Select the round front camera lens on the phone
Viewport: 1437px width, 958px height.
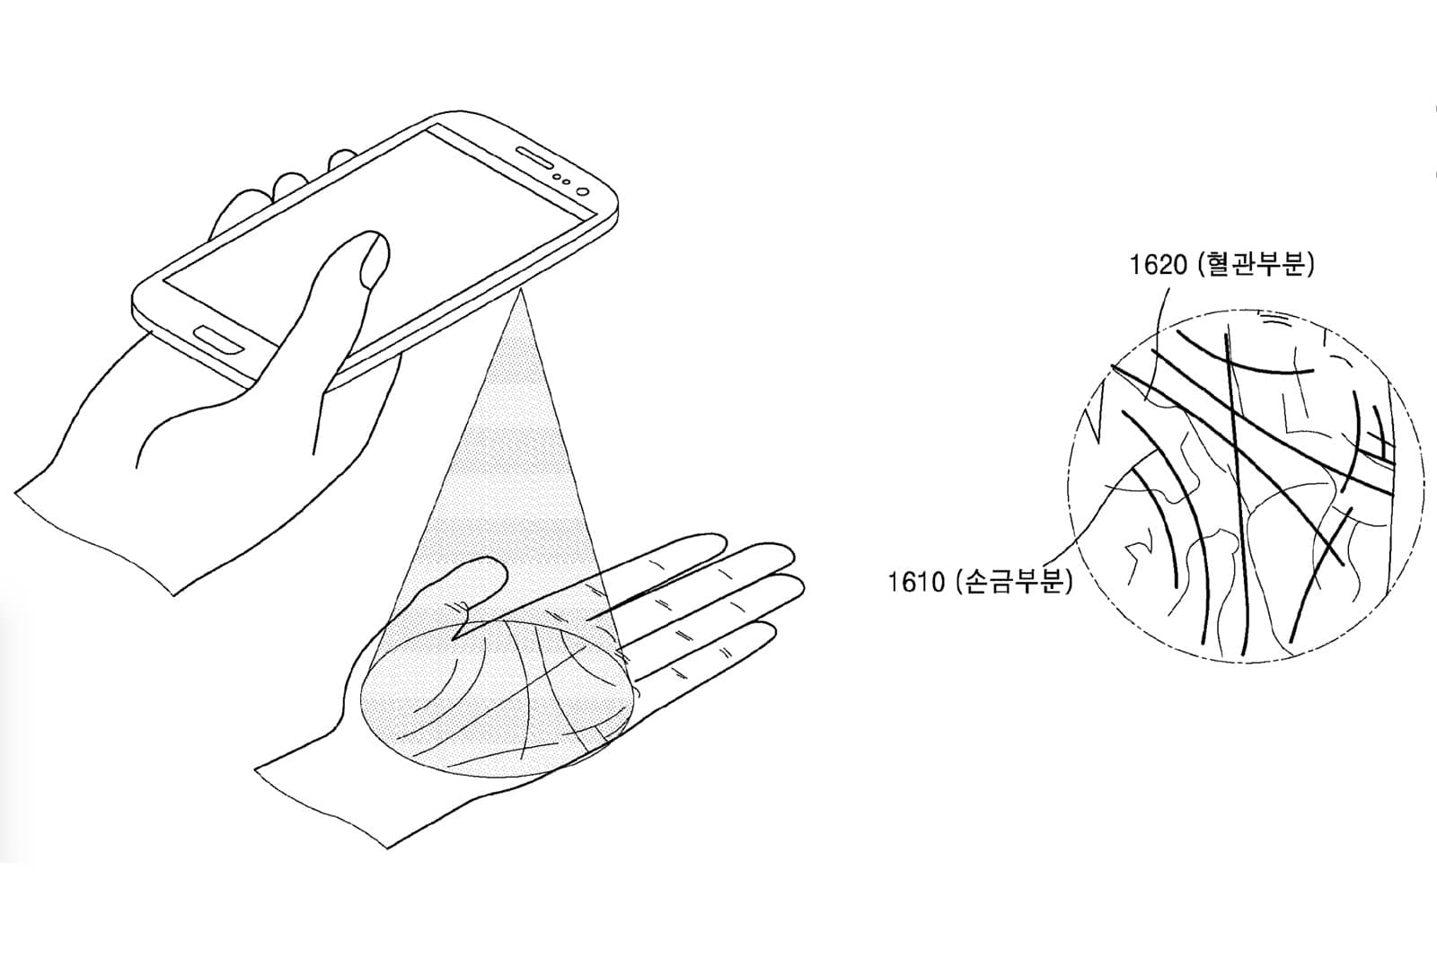pyautogui.click(x=583, y=191)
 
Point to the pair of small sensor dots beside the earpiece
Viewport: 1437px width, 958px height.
pyautogui.click(x=562, y=179)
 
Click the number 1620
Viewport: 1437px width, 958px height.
pyautogui.click(x=1158, y=265)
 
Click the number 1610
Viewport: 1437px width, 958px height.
pyautogui.click(x=916, y=582)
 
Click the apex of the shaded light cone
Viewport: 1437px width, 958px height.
pyautogui.click(x=521, y=290)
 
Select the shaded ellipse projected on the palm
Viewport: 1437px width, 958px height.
pyautogui.click(x=498, y=699)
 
